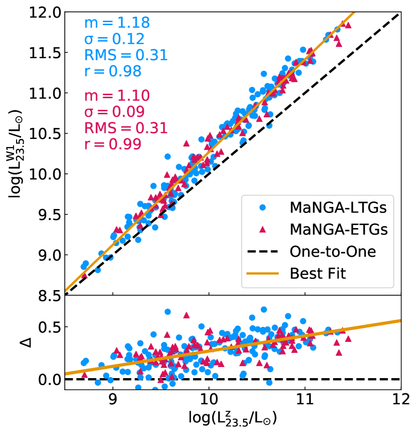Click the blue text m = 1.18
pyautogui.click(x=117, y=23)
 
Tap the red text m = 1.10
pyautogui.click(x=117, y=96)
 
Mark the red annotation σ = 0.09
pyautogui.click(x=114, y=112)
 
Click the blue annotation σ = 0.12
pyautogui.click(x=114, y=39)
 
